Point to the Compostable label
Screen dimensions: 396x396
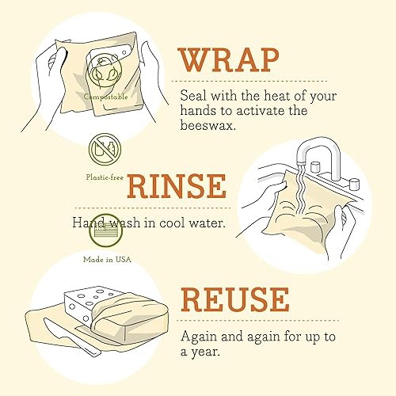(107, 97)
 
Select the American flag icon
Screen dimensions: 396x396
(105, 233)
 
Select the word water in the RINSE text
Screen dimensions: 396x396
(205, 223)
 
